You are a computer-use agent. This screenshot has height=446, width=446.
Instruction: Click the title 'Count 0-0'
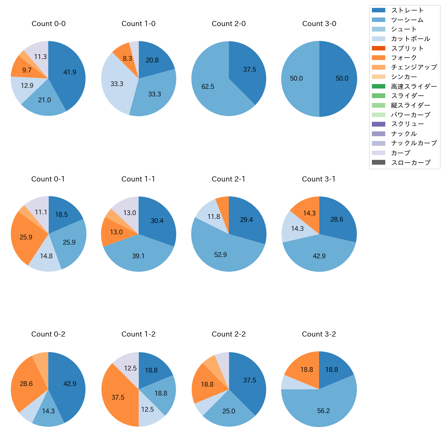[48, 24]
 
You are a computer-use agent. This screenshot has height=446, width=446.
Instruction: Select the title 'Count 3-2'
[319, 334]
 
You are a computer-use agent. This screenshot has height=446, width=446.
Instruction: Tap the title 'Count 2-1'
[228, 179]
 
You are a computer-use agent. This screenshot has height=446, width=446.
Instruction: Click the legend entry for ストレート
[407, 10]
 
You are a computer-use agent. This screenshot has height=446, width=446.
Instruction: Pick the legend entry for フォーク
[404, 58]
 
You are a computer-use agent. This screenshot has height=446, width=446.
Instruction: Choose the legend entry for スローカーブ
[411, 163]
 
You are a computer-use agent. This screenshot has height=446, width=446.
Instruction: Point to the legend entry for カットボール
[410, 39]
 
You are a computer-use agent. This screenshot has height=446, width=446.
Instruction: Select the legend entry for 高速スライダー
[414, 86]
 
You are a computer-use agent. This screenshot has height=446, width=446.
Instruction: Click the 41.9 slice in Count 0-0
[69, 74]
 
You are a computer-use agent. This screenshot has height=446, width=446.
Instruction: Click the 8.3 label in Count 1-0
[127, 58]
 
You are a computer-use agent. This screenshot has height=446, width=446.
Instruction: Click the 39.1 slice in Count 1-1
[138, 256]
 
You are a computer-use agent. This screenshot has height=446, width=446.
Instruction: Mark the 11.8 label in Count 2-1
[213, 216]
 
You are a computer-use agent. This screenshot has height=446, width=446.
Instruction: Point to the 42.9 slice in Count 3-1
[319, 256]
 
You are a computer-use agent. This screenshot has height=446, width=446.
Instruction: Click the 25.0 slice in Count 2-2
[229, 411]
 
